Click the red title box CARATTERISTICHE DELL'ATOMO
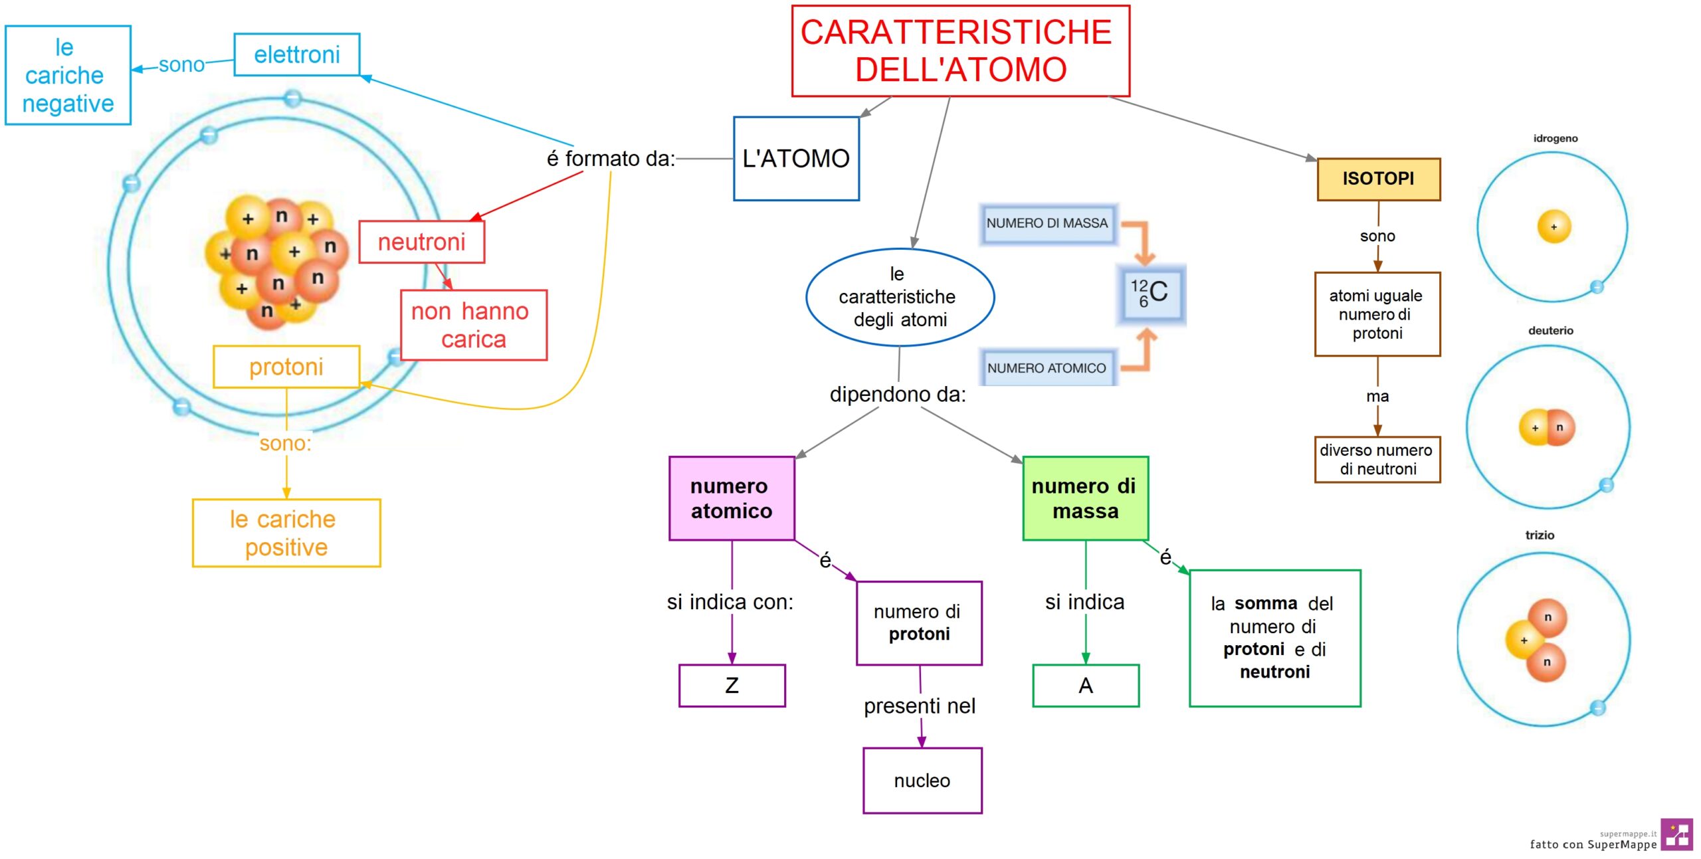[960, 51]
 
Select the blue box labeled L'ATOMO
[796, 159]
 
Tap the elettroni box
[297, 54]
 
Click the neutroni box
[421, 242]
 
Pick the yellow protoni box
[286, 367]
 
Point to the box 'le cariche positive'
[286, 533]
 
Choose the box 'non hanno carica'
[474, 325]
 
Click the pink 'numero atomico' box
[732, 498]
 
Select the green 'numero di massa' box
[1085, 498]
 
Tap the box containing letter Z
[732, 685]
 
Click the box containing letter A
[1086, 685]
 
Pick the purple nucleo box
[922, 780]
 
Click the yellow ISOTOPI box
[1378, 179]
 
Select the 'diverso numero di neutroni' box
[1377, 459]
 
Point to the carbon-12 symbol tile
[1151, 293]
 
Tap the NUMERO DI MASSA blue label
[1047, 223]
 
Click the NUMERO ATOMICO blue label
[1047, 367]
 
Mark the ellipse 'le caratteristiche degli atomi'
[900, 297]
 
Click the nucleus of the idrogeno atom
[1553, 227]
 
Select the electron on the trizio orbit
[1598, 708]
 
